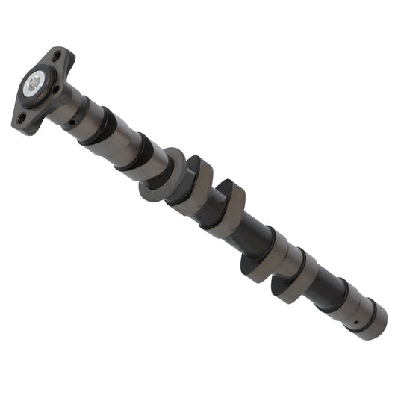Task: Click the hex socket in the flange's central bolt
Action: pyautogui.click(x=33, y=84)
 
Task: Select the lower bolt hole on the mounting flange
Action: pyautogui.click(x=19, y=117)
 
